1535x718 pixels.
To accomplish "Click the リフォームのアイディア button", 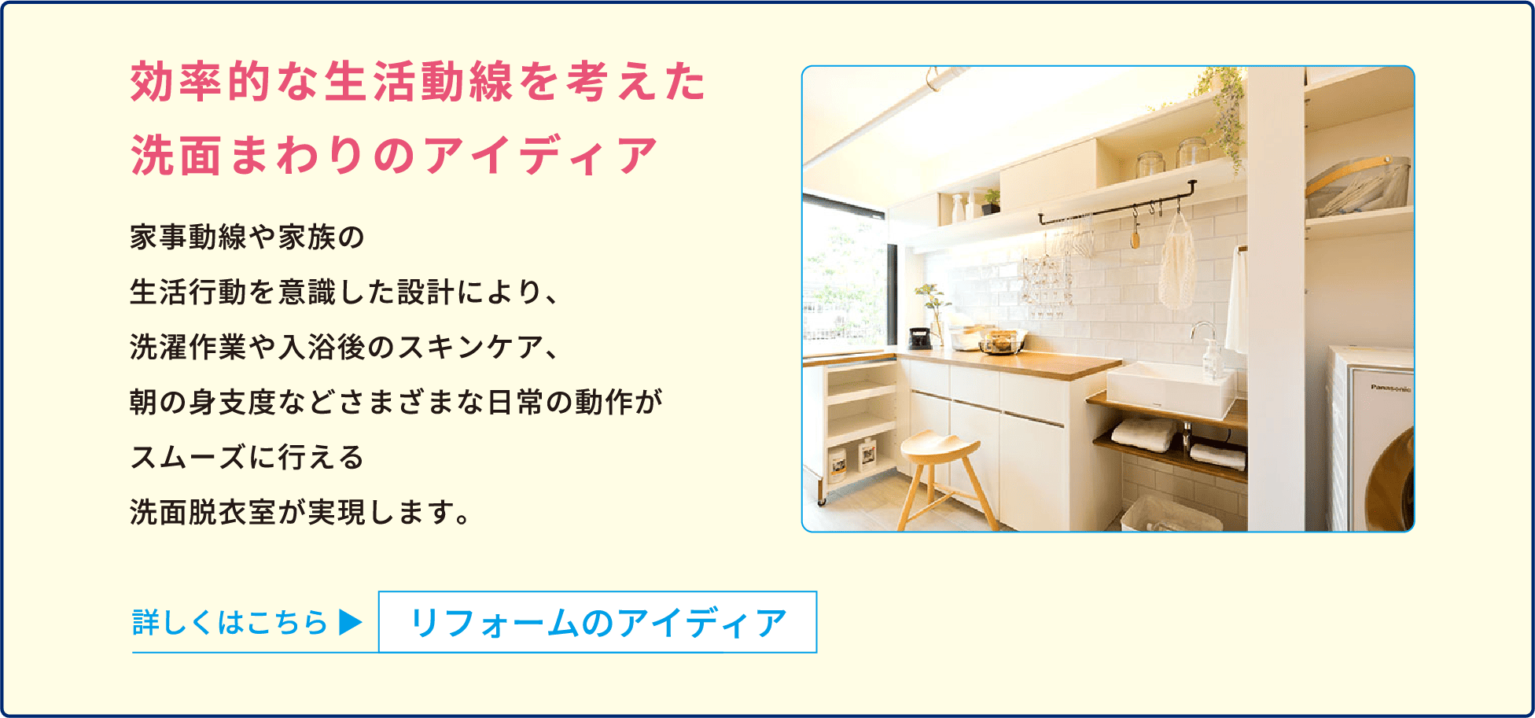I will [598, 622].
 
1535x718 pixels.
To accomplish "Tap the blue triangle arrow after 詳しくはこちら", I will [351, 622].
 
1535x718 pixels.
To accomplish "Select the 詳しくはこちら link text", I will [230, 622].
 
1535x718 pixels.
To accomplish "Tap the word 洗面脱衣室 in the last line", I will [203, 512].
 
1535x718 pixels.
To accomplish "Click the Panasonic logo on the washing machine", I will [1390, 388].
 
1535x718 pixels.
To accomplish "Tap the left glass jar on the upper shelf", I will [1150, 164].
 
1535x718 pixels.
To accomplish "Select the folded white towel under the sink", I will [1142, 434].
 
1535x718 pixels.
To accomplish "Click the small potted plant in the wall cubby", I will [990, 201].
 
